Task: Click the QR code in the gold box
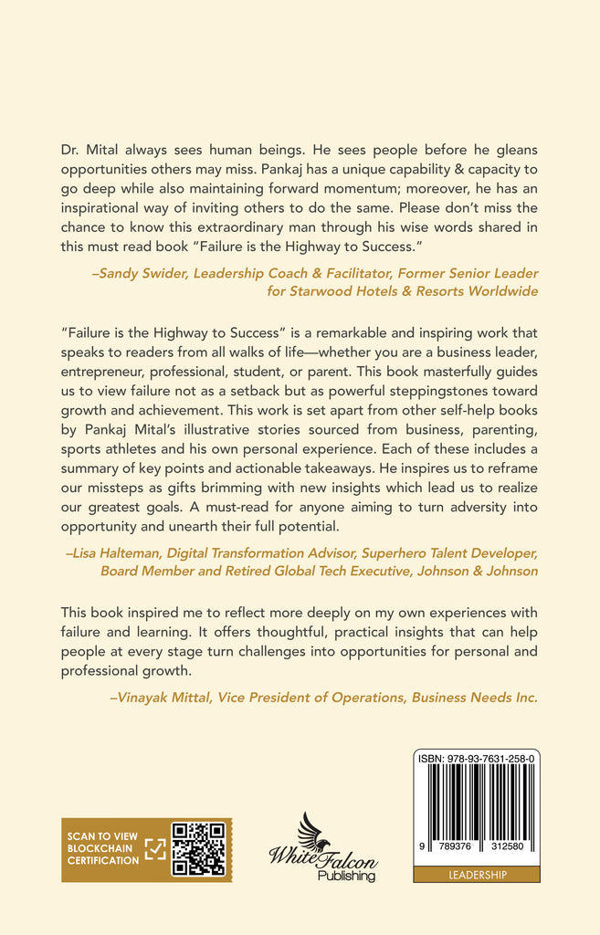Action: click(198, 848)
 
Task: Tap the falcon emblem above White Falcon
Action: click(313, 833)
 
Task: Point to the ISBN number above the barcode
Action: click(476, 758)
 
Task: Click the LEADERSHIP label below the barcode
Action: click(476, 875)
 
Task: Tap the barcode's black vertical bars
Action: click(476, 808)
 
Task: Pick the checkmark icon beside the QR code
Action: click(156, 848)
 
